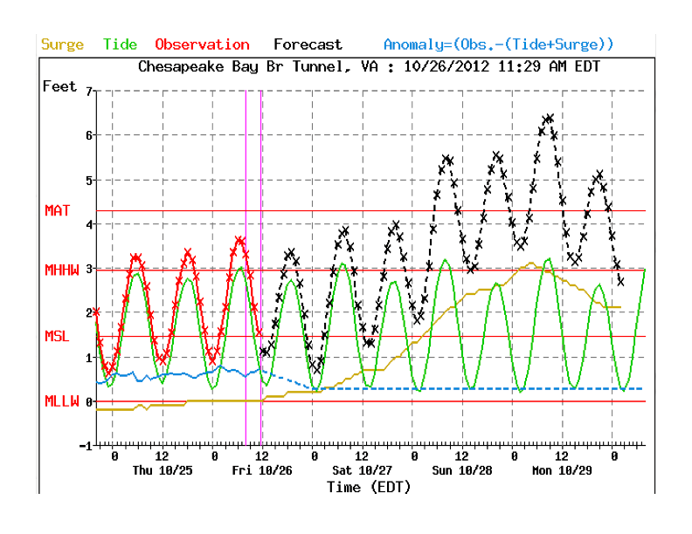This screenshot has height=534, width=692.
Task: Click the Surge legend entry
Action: point(62,44)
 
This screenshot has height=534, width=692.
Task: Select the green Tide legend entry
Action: point(120,44)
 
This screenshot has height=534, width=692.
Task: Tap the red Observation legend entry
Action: point(202,44)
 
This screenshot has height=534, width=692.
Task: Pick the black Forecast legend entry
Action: point(308,44)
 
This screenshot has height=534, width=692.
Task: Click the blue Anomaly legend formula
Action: point(499,44)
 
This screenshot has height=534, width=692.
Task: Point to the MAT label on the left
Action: point(58,210)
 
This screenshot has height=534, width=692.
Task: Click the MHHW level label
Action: point(62,270)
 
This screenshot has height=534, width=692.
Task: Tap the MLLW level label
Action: point(62,401)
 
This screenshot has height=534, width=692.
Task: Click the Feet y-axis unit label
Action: point(59,86)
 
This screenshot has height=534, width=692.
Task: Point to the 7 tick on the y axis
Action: point(88,91)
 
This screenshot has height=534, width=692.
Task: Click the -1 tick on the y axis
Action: point(85,446)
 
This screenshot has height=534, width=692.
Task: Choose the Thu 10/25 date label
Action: point(162,469)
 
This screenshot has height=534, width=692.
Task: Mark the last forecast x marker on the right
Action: point(620,281)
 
